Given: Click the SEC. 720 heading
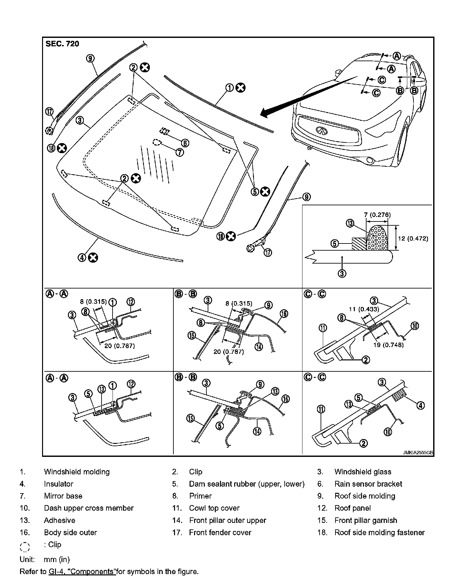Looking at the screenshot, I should point(62,44).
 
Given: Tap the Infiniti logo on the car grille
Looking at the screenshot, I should point(321,130).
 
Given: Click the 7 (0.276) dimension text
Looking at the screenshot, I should point(377,215).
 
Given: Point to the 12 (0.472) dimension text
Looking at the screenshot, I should point(413,239).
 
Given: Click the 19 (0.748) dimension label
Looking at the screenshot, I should point(389,345).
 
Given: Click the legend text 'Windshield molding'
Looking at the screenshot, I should point(77,472).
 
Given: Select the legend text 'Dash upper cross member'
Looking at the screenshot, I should point(89,508).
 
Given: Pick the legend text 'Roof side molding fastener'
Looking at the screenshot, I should point(379,532).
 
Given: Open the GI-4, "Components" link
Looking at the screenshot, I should point(82,571).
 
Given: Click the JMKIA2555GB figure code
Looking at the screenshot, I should point(418,453).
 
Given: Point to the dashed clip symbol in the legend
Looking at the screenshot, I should point(25,547).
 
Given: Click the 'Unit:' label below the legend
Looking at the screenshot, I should point(27,559).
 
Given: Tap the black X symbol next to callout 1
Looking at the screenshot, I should point(240,87).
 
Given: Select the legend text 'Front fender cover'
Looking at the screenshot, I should point(220,532).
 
